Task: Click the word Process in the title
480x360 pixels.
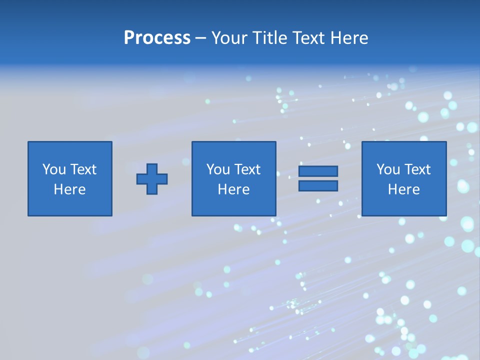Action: pos(157,38)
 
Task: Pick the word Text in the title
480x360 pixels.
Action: pos(309,38)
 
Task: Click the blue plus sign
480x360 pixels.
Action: pos(152,178)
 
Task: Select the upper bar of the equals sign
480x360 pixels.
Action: pos(318,171)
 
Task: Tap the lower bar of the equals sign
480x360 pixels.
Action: pos(318,185)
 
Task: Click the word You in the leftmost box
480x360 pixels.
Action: pos(54,169)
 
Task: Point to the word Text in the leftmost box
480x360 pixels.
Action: pos(83,169)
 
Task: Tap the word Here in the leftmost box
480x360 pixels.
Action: pos(69,189)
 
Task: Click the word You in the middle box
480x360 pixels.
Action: pos(218,169)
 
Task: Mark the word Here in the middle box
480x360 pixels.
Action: pos(233,189)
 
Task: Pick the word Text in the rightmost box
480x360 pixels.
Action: pos(417,169)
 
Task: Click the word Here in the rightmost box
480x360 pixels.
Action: pos(403,189)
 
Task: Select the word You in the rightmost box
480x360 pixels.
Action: pos(388,169)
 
